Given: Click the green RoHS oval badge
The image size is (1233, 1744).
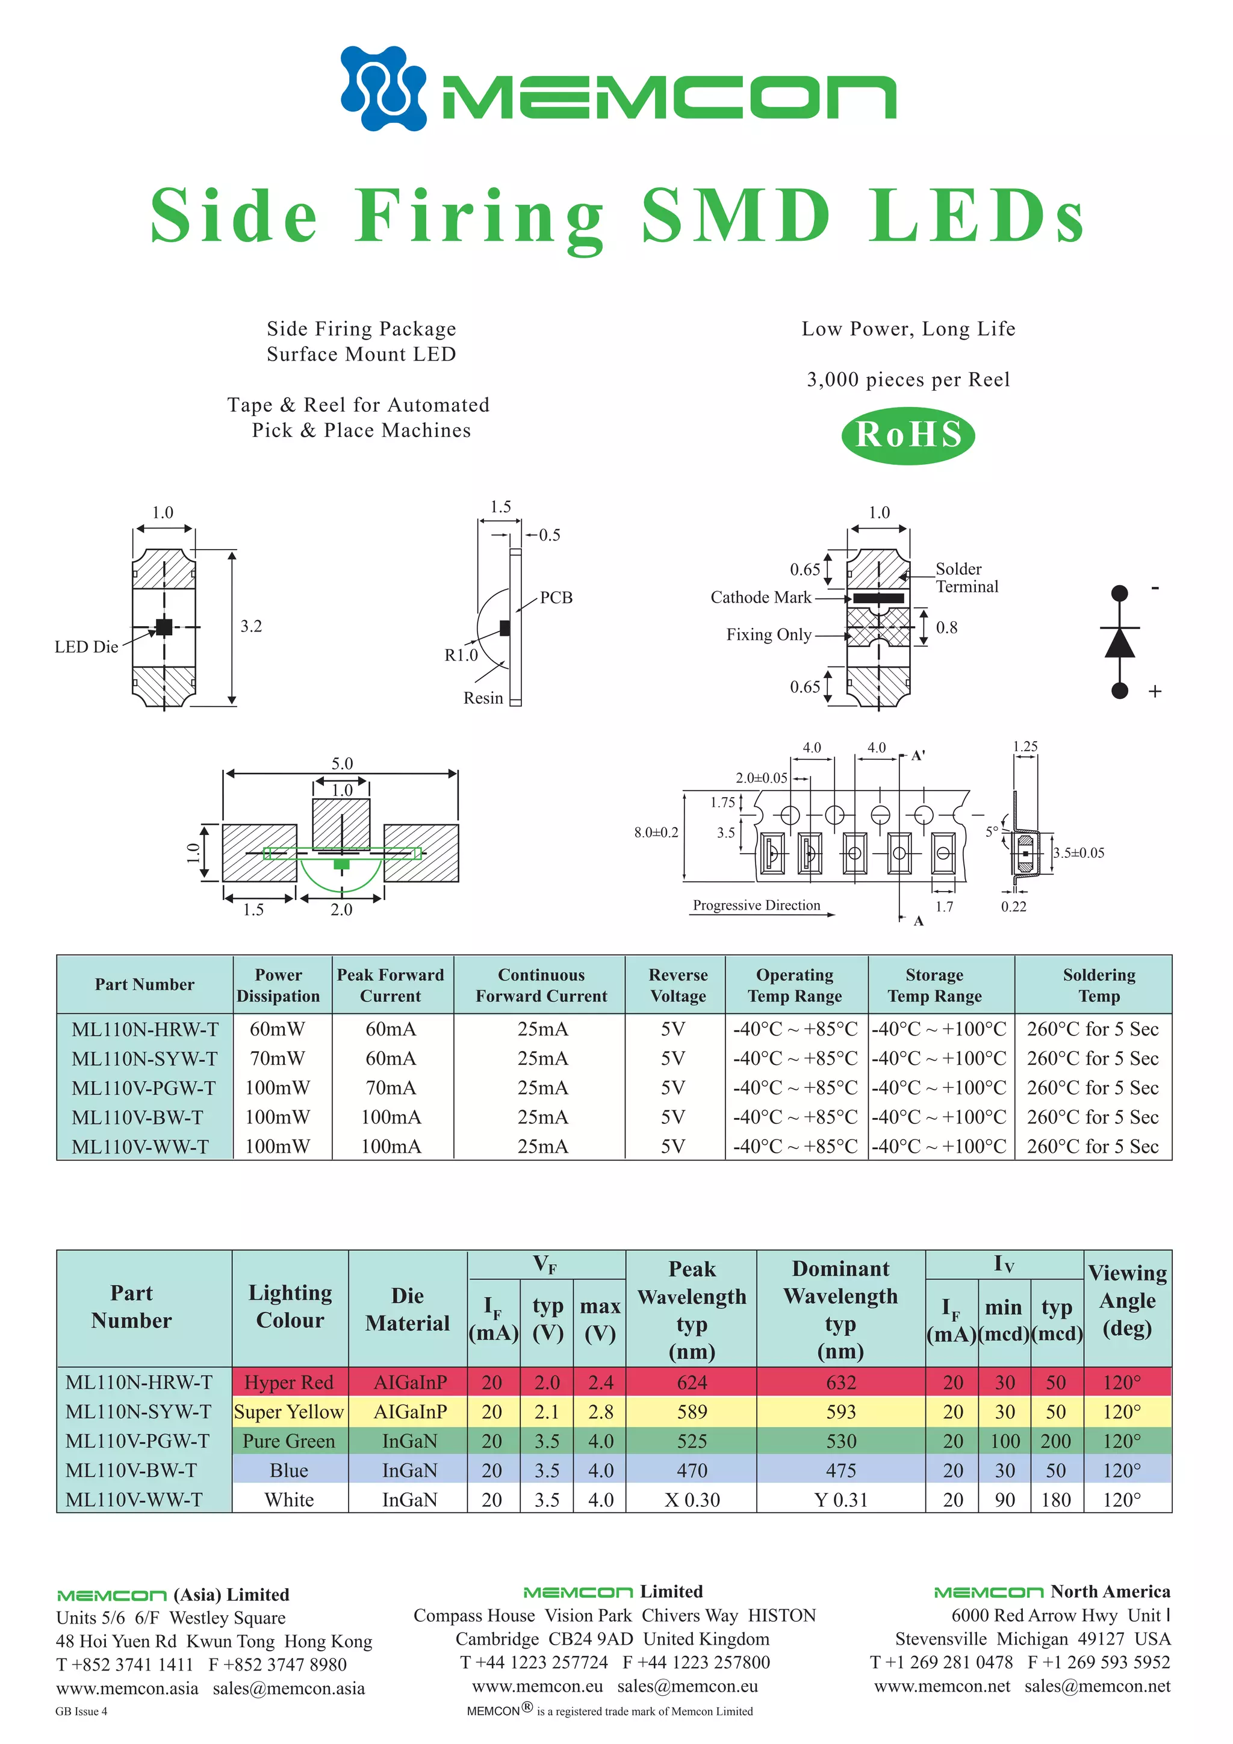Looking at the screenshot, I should [x=908, y=435].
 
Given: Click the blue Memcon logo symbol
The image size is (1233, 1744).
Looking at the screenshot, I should [x=383, y=88].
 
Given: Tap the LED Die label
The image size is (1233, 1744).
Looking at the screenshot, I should [x=86, y=647].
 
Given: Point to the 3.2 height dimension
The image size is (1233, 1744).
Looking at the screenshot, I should [x=250, y=626].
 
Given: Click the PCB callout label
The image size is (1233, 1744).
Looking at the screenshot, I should [x=556, y=597].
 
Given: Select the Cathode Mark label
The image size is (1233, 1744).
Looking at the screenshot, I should [x=760, y=597].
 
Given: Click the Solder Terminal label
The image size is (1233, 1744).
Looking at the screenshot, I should [x=966, y=577].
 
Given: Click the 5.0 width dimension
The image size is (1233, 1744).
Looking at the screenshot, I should [x=342, y=763].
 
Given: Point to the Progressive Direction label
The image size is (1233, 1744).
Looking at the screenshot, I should [x=756, y=905].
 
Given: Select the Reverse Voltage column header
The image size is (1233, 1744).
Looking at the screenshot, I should [x=678, y=985].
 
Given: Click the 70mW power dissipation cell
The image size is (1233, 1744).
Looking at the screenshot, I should [x=278, y=1058].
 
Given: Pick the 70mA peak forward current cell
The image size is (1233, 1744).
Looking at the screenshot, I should [x=391, y=1088].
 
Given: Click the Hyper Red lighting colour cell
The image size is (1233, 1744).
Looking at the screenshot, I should [x=289, y=1382].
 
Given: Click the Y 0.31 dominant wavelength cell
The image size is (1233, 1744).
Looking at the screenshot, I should [x=840, y=1500].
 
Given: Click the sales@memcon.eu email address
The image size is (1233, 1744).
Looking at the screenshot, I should [x=688, y=1686].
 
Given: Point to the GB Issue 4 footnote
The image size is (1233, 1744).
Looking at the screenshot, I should [x=81, y=1711].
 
